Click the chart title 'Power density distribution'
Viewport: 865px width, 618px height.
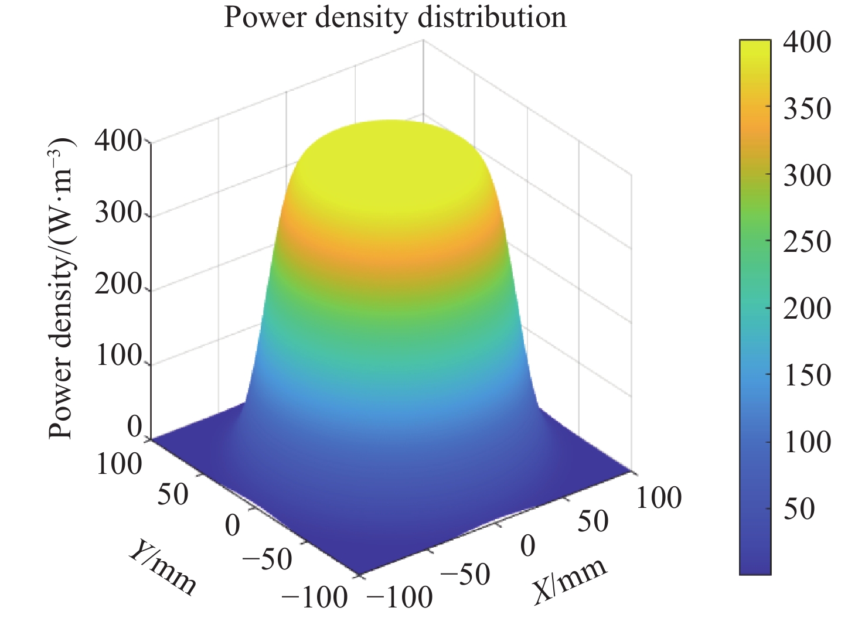coord(395,18)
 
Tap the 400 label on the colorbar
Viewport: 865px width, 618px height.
coord(807,42)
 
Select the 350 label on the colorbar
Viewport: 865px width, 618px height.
coord(807,109)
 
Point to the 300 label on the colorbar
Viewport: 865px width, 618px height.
coord(807,175)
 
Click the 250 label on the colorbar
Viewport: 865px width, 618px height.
coord(807,242)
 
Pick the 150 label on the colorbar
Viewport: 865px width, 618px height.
coord(807,375)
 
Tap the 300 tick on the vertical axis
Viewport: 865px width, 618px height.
coord(118,214)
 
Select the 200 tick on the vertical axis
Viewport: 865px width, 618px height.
coord(118,286)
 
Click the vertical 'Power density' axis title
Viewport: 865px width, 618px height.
coord(60,288)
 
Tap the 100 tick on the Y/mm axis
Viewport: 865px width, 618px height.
coord(118,464)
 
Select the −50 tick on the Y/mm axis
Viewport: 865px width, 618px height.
coord(267,559)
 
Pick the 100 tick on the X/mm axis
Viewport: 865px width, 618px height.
coord(659,498)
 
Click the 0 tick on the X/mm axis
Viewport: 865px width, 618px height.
coord(527,546)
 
